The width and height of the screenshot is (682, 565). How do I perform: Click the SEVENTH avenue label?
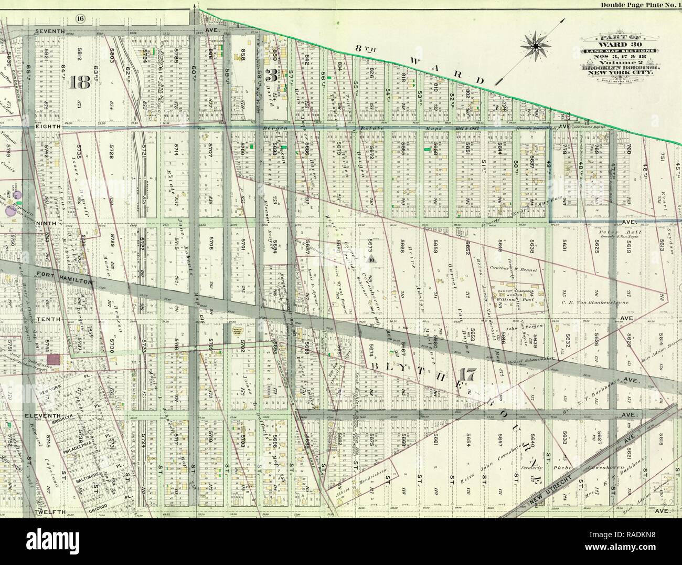pos(50,32)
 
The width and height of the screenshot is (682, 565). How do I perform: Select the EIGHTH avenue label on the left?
pos(49,127)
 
